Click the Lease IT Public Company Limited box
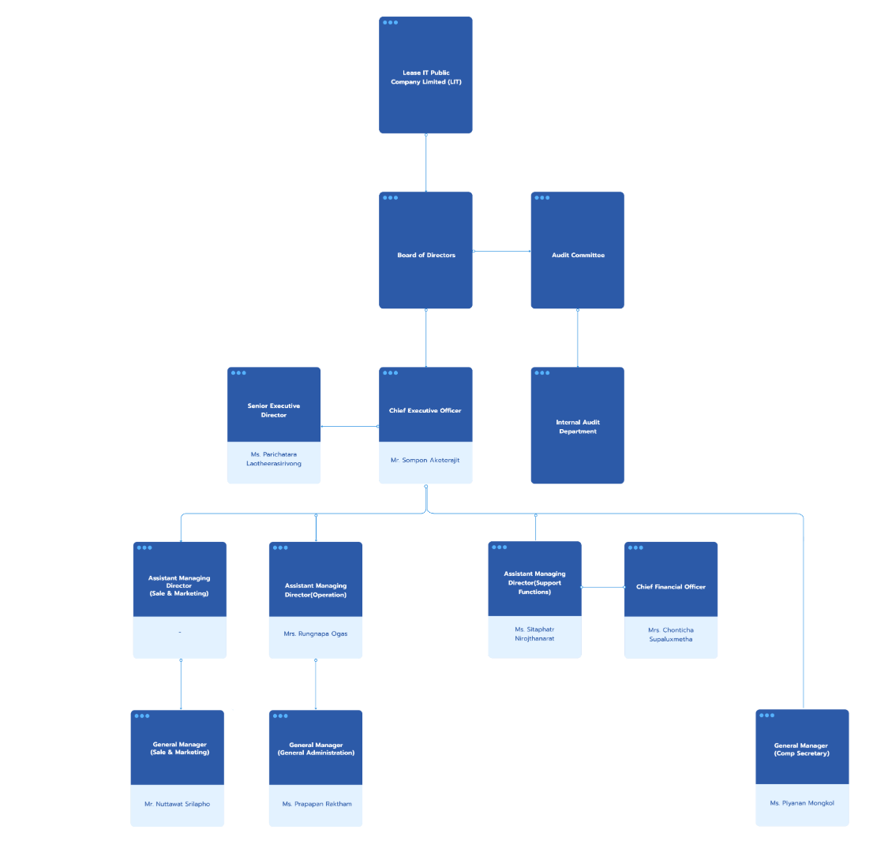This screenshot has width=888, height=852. click(x=426, y=77)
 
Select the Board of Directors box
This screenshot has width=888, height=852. click(x=426, y=255)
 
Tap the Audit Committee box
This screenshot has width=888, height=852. click(x=578, y=255)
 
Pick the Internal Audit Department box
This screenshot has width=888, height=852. click(x=578, y=427)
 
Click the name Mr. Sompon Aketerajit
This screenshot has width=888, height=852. click(x=425, y=460)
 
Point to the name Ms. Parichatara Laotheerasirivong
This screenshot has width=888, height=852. click(x=274, y=459)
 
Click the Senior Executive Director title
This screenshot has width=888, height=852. click(x=274, y=410)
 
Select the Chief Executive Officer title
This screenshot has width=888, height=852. click(x=425, y=410)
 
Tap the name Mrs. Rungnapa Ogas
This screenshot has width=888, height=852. click(x=316, y=633)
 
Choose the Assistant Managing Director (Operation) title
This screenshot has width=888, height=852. click(x=316, y=590)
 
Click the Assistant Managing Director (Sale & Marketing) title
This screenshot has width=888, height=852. click(x=179, y=585)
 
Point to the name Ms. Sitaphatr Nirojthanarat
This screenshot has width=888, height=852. click(x=534, y=634)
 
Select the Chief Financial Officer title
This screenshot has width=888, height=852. click(x=671, y=587)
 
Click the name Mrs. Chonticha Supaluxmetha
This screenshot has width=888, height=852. click(x=671, y=635)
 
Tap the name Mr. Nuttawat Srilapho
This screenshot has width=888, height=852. click(x=177, y=804)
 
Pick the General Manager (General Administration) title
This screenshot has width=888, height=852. click(x=316, y=749)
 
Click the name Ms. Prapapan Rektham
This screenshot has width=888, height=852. click(x=317, y=804)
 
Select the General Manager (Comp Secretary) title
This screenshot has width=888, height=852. click(x=801, y=749)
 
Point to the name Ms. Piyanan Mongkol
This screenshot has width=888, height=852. click(x=802, y=803)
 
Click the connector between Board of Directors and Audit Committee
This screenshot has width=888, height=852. click(x=502, y=252)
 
